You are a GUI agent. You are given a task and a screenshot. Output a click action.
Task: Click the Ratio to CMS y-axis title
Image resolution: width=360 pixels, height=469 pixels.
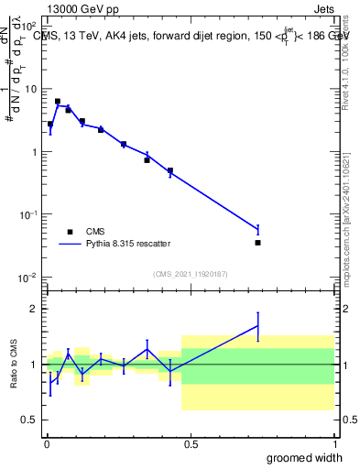click(14, 364)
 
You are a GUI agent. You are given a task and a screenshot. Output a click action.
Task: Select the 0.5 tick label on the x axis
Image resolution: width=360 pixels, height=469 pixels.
click(191, 444)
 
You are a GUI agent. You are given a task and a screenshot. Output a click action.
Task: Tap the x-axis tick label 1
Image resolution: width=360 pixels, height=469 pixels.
click(334, 444)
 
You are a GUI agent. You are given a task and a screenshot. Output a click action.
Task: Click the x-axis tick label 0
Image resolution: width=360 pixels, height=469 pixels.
click(47, 444)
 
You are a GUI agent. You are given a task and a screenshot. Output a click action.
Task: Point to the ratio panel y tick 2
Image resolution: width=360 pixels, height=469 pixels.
click(33, 309)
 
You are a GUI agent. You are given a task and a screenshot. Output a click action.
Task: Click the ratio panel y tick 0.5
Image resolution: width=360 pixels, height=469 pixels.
click(28, 420)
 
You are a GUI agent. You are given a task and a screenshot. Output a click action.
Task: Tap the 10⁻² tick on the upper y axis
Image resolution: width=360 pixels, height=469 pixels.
click(28, 277)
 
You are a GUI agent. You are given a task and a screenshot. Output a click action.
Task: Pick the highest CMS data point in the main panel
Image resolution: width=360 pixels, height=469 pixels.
click(58, 102)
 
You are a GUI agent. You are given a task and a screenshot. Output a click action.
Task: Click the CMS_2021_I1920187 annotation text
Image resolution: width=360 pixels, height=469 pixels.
click(190, 274)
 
